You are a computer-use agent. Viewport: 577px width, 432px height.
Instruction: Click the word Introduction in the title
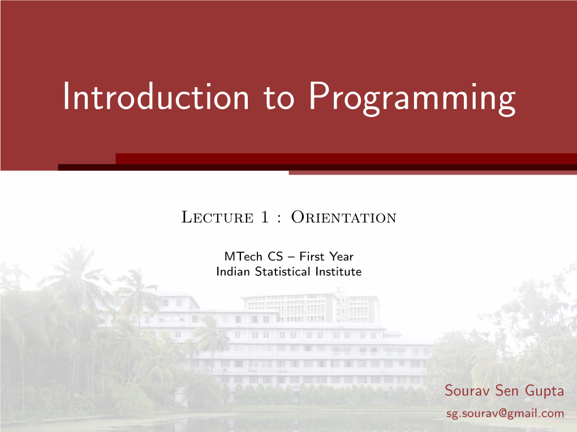pos(156,96)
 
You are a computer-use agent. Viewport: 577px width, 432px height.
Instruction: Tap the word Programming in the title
pos(412,98)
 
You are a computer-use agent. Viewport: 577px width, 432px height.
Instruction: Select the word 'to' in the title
pos(278,97)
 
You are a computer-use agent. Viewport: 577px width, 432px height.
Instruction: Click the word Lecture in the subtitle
pos(217,217)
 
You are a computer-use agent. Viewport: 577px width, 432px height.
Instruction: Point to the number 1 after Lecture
pos(265,217)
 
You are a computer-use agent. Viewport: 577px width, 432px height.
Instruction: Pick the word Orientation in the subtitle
pos(344,217)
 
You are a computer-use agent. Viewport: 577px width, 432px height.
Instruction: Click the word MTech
pos(243,256)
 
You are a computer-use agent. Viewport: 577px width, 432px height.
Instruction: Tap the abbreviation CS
pos(275,256)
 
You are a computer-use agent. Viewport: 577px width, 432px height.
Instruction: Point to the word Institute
pos(338,271)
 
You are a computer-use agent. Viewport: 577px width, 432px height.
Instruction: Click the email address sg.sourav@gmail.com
pos(505,413)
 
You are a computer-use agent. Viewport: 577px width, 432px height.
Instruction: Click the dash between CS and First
pos(291,257)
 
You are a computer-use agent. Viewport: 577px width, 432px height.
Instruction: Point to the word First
pos(312,256)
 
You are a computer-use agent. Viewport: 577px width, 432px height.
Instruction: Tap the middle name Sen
pos(507,390)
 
